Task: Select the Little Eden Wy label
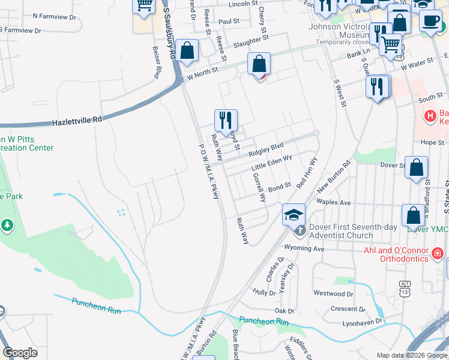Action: coord(272,163)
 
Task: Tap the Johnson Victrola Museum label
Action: coord(341,31)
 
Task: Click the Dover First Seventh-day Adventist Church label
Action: coord(341,232)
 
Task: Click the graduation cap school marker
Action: coord(294,214)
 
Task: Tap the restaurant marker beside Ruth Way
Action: coord(226,119)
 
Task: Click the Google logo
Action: coord(20,353)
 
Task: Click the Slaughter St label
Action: coord(251,41)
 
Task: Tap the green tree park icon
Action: coord(7,225)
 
